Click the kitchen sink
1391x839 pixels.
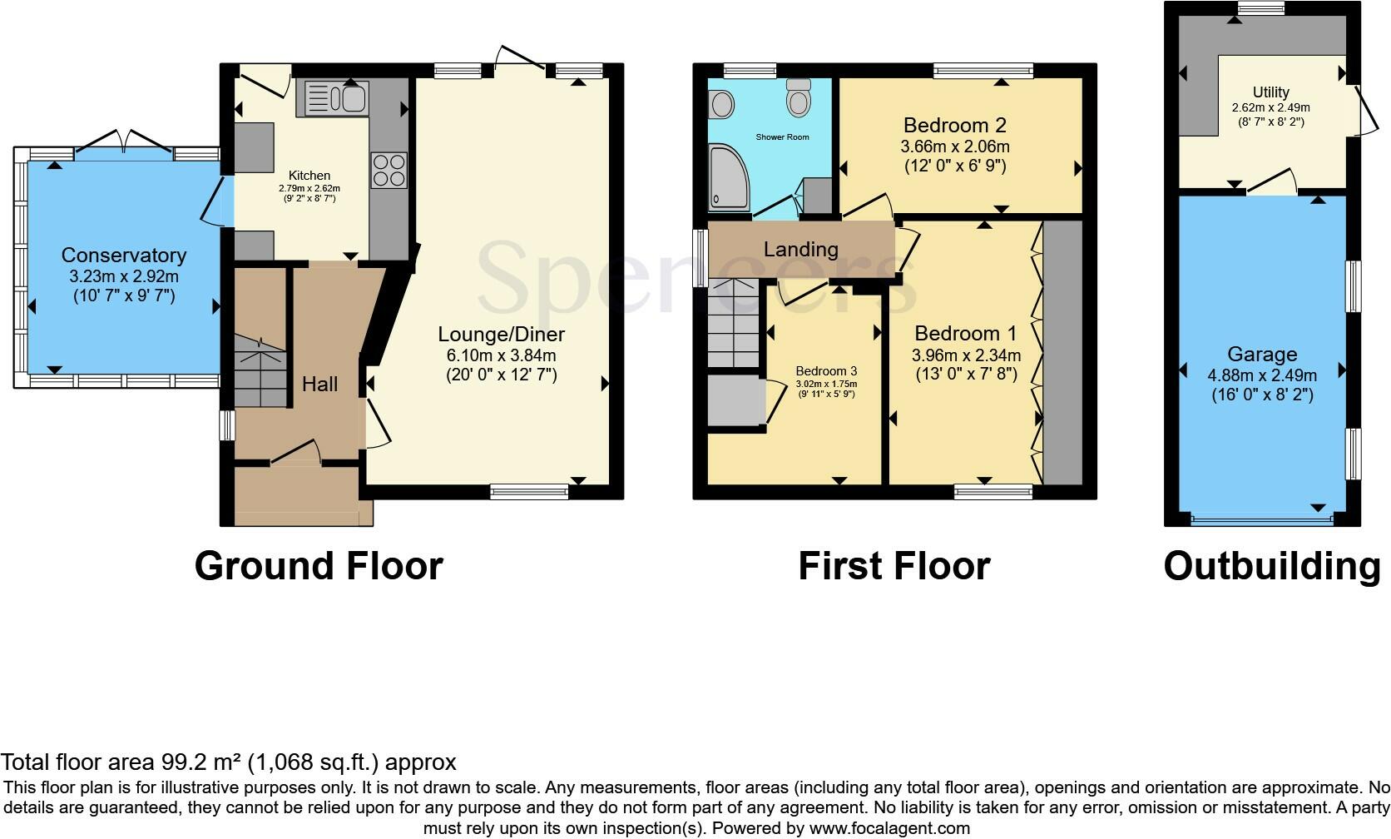(x=337, y=98)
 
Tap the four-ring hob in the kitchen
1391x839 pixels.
(x=389, y=171)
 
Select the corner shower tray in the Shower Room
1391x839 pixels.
(x=729, y=176)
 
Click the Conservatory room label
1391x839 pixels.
(x=124, y=255)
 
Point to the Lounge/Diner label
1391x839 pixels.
(x=501, y=334)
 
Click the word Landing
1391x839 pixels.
(x=801, y=249)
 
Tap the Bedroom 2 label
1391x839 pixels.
(x=954, y=125)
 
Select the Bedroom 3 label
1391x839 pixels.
(x=826, y=371)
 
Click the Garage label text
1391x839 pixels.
(x=1262, y=355)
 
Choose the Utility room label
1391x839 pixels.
(x=1271, y=92)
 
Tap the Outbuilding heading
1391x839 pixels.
(x=1272, y=566)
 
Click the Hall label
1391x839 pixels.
(x=319, y=384)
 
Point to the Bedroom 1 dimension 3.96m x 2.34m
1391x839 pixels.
(x=966, y=355)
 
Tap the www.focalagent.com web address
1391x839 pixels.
(x=889, y=828)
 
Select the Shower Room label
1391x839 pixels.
(x=782, y=137)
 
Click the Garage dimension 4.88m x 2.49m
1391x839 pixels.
(x=1262, y=375)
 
